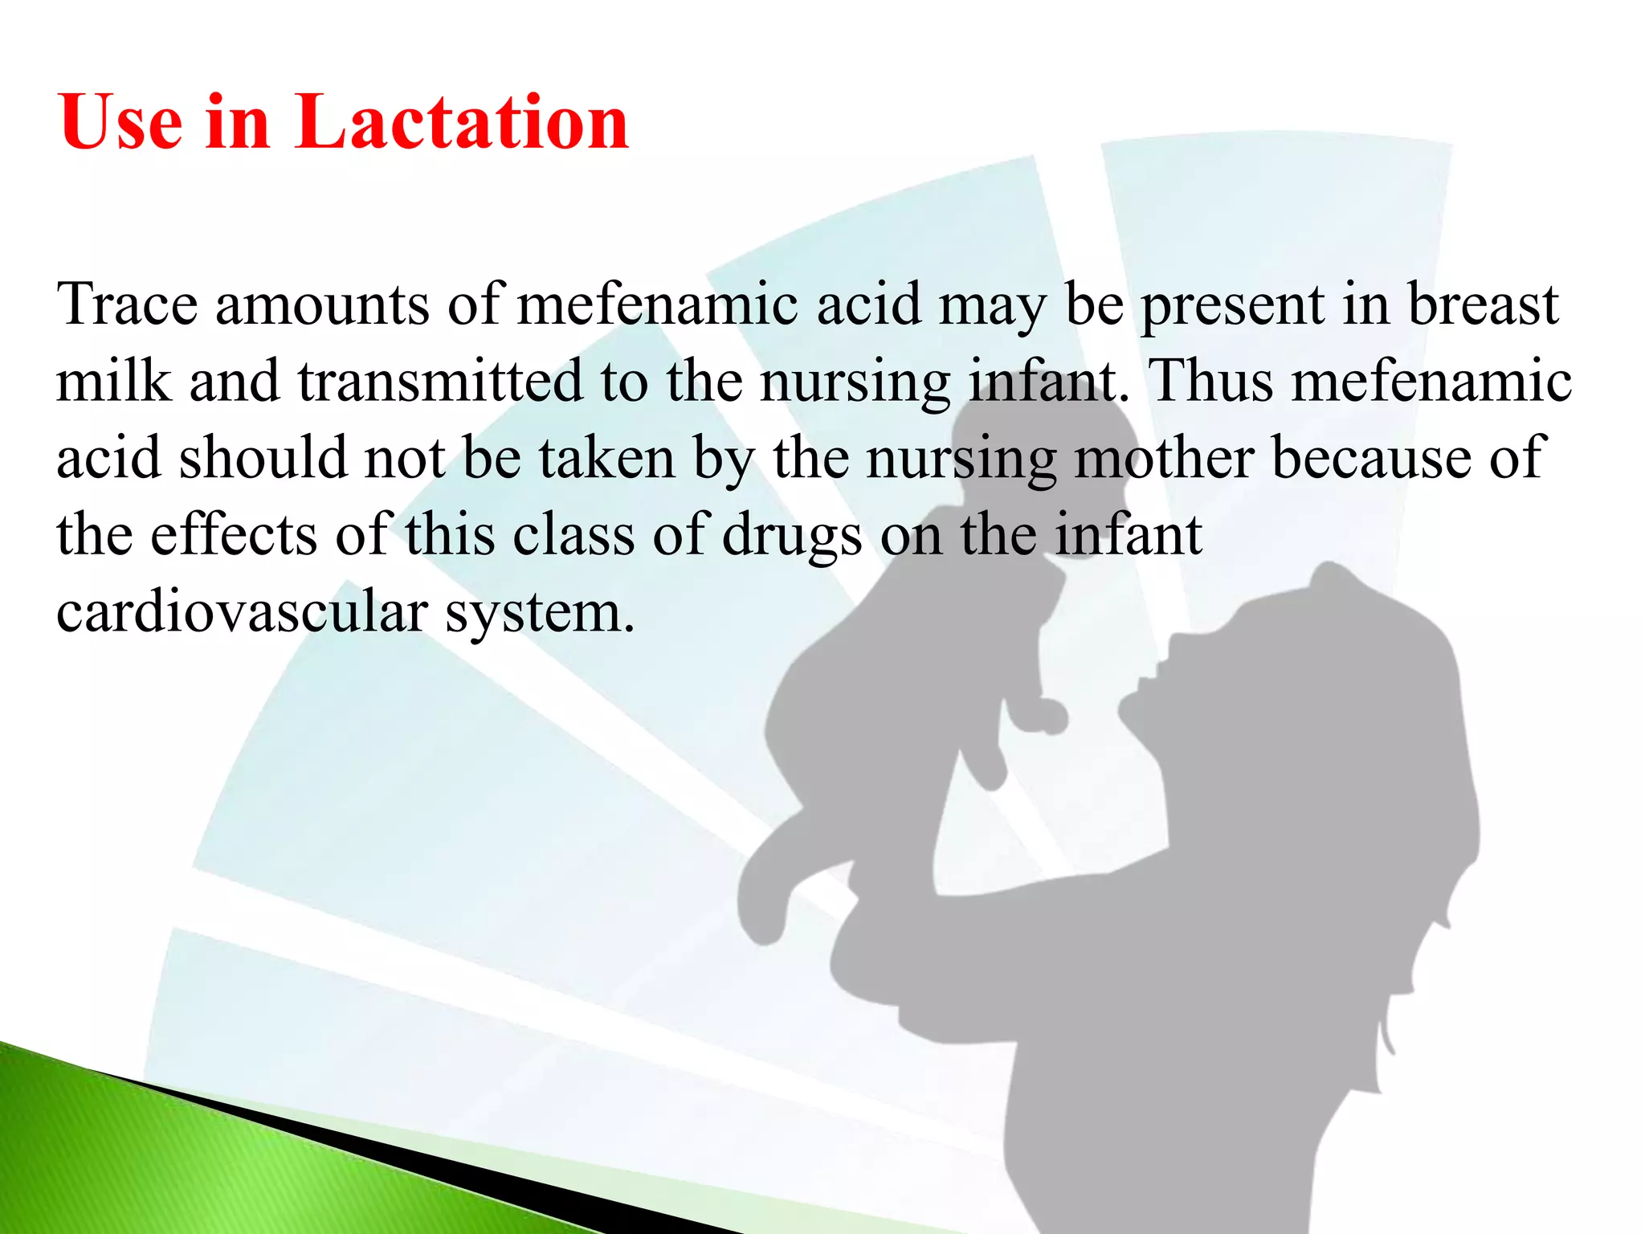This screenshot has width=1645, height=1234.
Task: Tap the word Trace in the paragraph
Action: (127, 305)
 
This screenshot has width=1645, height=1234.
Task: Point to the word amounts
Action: (322, 305)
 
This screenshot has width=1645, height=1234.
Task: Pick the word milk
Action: (113, 381)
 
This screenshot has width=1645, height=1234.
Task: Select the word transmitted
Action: (440, 381)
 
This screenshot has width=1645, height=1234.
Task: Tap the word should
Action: (262, 458)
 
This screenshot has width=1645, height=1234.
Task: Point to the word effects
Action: (234, 535)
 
